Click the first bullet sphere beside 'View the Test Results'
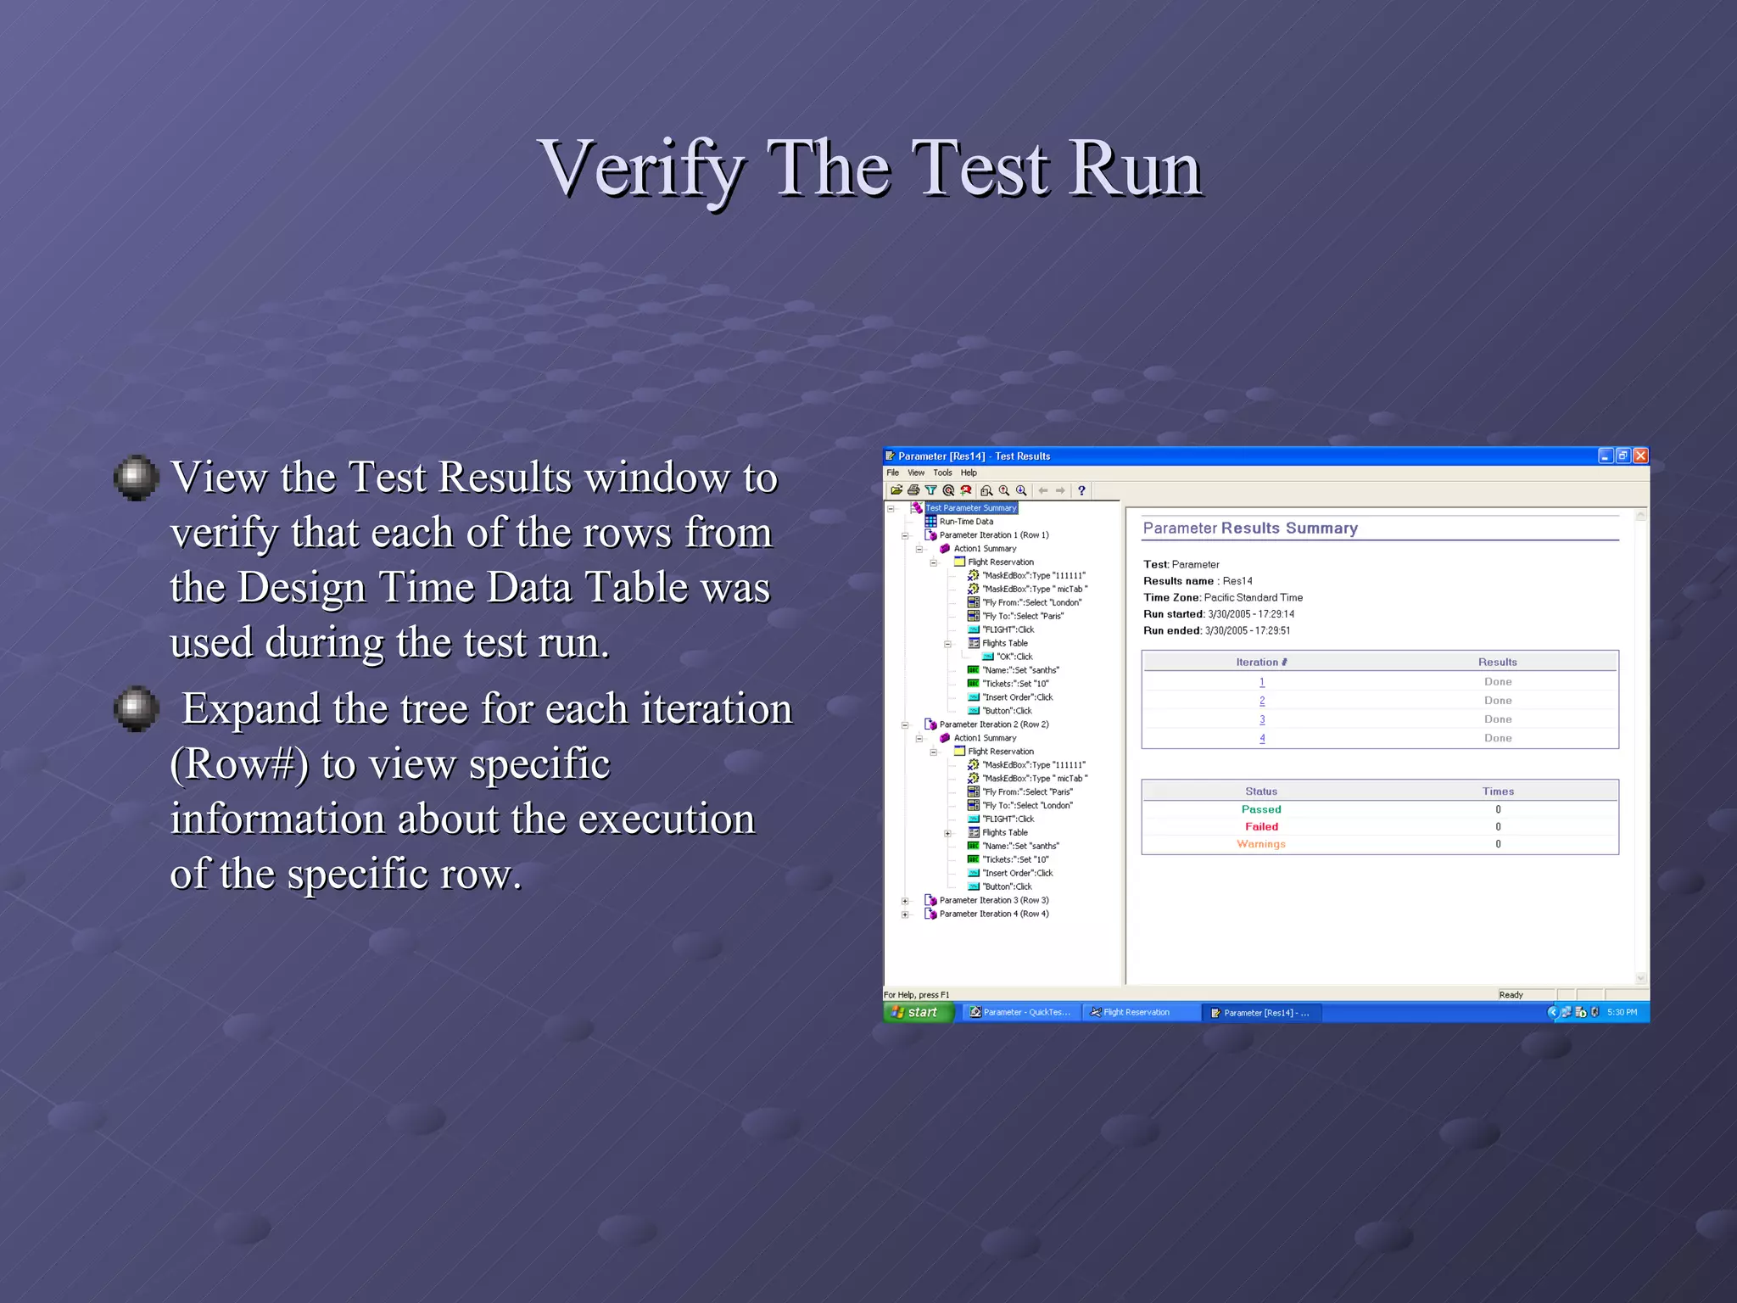click(136, 478)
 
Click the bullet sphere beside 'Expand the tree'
click(136, 708)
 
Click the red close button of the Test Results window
click(1640, 456)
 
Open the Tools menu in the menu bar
click(942, 473)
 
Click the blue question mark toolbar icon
click(1081, 490)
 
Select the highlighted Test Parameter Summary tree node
click(970, 508)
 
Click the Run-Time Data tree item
click(965, 522)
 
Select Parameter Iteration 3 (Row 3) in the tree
click(993, 900)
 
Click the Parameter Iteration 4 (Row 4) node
click(993, 914)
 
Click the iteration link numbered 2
click(1262, 701)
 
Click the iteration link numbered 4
click(1262, 738)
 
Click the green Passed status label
click(1261, 809)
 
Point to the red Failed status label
click(1261, 826)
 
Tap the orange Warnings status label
click(1261, 844)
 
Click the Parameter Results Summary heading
click(1250, 528)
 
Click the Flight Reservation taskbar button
click(1135, 1012)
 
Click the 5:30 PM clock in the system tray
click(1622, 1012)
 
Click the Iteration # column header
click(1261, 663)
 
